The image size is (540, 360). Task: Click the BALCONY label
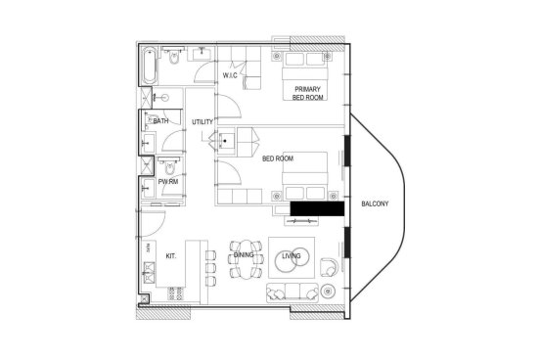click(x=375, y=203)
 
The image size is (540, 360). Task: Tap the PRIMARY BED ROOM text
click(x=307, y=93)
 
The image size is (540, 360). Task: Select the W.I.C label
click(x=230, y=75)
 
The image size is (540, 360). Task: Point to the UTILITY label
click(x=202, y=122)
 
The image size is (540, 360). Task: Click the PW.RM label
click(x=168, y=181)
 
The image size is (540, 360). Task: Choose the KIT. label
click(x=171, y=256)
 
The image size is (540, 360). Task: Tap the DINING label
click(x=244, y=255)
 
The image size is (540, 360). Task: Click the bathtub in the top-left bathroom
click(x=150, y=66)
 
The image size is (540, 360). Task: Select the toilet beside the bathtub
click(x=174, y=56)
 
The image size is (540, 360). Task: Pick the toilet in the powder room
click(x=169, y=166)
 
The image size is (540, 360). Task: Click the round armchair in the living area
click(x=329, y=267)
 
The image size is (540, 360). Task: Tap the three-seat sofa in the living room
click(x=292, y=292)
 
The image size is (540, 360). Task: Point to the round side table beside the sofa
click(x=328, y=292)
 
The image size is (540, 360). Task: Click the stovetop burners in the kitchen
click(x=176, y=293)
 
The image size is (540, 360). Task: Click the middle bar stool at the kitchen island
click(x=210, y=268)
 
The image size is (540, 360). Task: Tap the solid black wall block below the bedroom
click(x=317, y=208)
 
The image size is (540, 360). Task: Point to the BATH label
click(x=160, y=121)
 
